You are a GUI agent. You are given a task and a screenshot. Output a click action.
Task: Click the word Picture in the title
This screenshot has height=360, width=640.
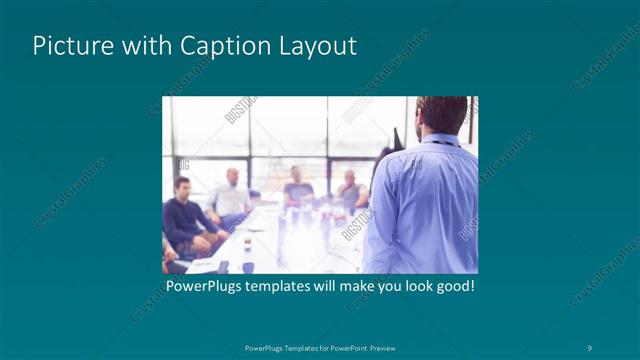[68, 46]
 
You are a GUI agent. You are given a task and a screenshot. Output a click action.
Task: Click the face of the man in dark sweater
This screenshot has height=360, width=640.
[181, 188]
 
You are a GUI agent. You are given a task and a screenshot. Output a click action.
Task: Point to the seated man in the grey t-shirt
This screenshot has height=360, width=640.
[297, 187]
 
